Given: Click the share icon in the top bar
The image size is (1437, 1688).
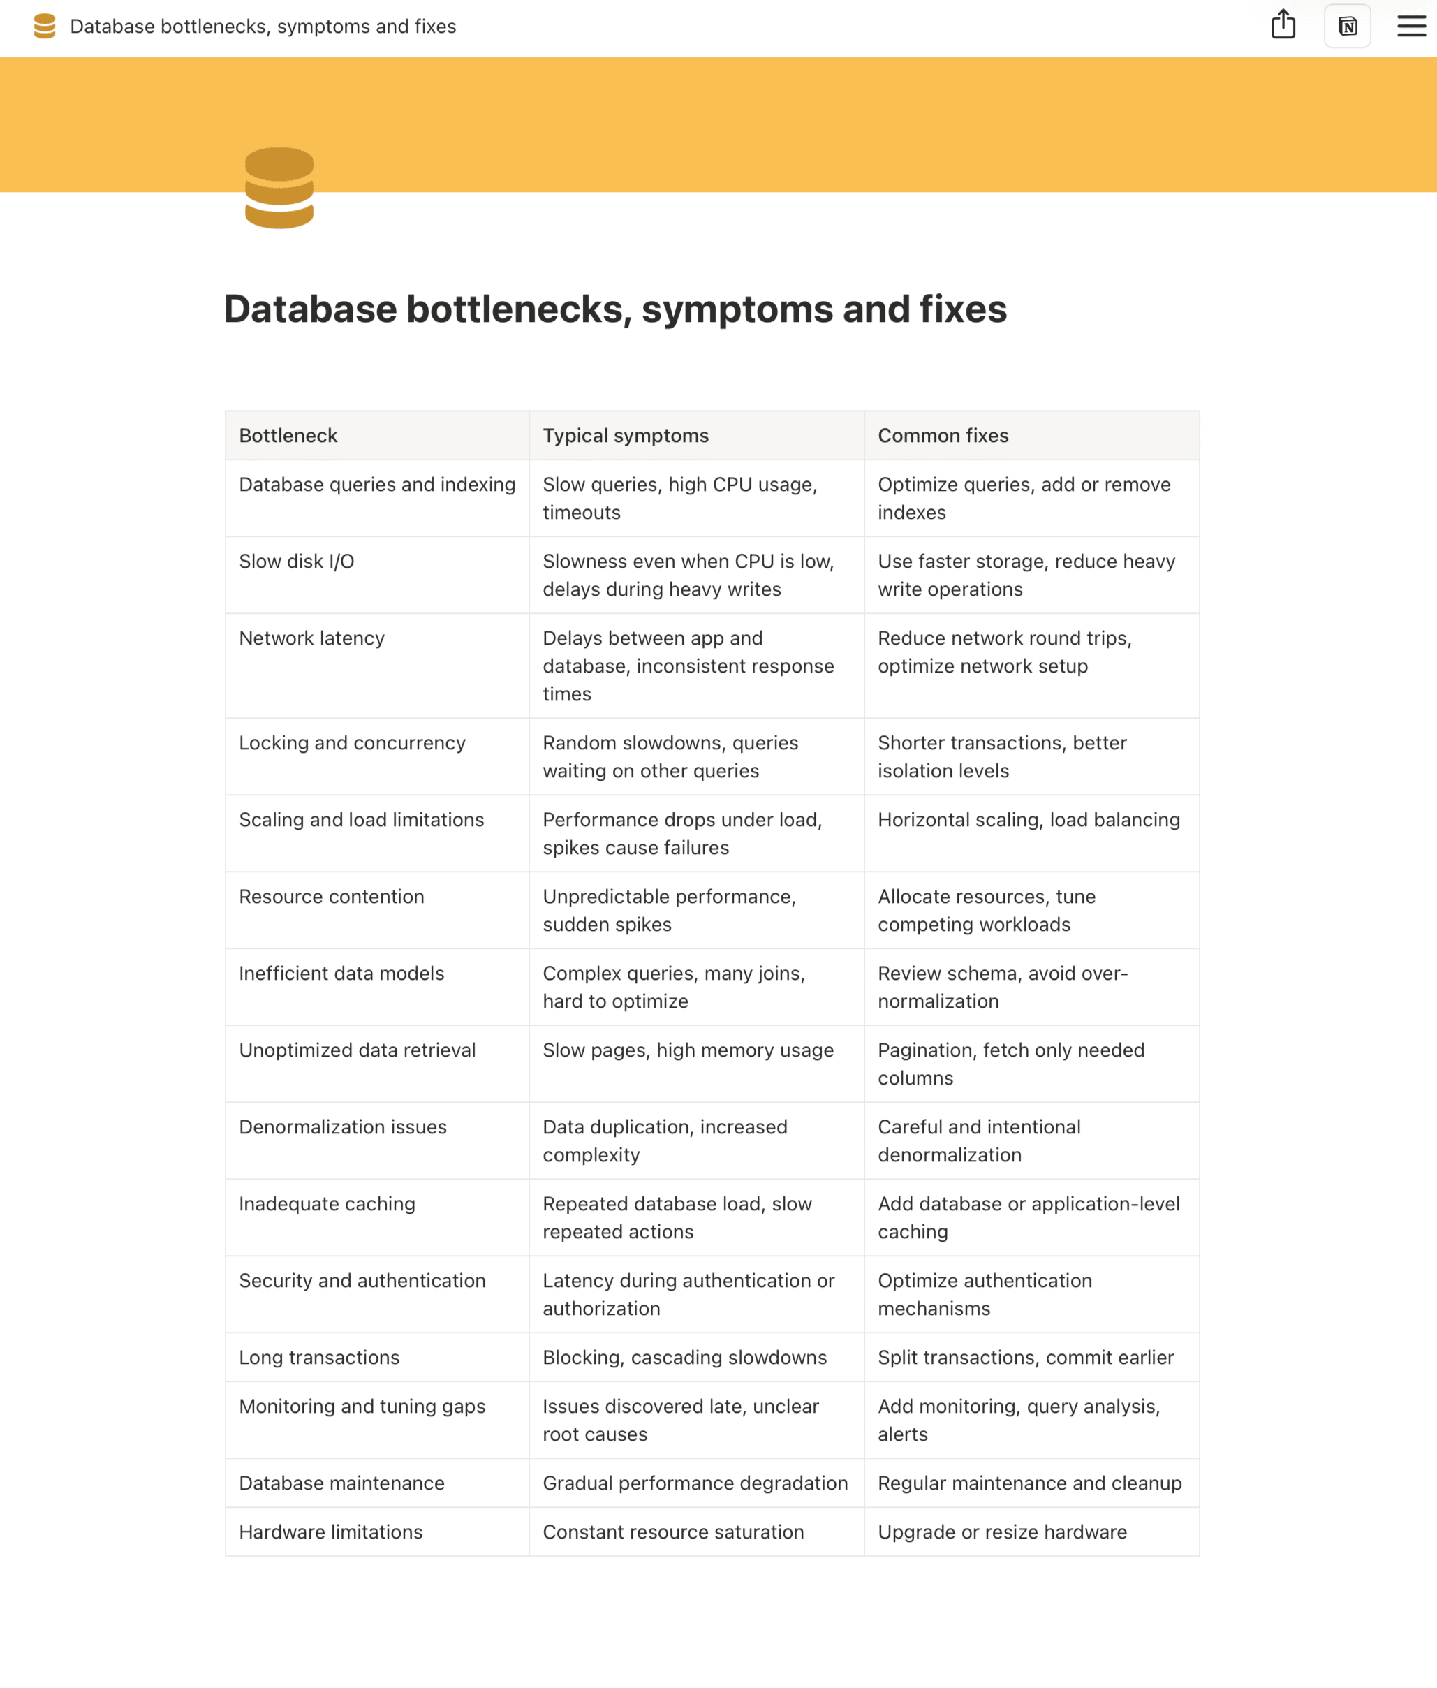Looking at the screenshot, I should [1283, 24].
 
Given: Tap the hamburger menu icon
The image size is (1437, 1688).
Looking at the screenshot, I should [1411, 26].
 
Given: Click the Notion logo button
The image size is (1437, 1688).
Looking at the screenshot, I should [1348, 26].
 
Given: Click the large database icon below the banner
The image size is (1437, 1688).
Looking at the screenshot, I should [279, 188].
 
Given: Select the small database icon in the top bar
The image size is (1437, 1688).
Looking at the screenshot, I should [45, 26].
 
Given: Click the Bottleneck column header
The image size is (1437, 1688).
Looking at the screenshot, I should [288, 436].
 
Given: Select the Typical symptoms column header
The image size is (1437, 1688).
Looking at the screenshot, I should [626, 436].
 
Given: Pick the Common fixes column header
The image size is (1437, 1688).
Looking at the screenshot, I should [943, 436].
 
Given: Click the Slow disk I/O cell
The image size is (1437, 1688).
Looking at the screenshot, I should [297, 562].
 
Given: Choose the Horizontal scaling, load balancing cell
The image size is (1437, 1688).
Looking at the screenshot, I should [1028, 820].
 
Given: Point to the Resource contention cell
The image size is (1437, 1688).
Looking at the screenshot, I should [332, 896].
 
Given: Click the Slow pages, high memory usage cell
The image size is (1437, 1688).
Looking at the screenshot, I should [688, 1050].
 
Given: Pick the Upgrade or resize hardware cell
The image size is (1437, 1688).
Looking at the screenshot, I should [1002, 1532].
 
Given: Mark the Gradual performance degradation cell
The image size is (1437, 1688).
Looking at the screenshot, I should [695, 1483].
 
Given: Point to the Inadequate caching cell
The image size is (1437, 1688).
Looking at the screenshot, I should [327, 1204].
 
